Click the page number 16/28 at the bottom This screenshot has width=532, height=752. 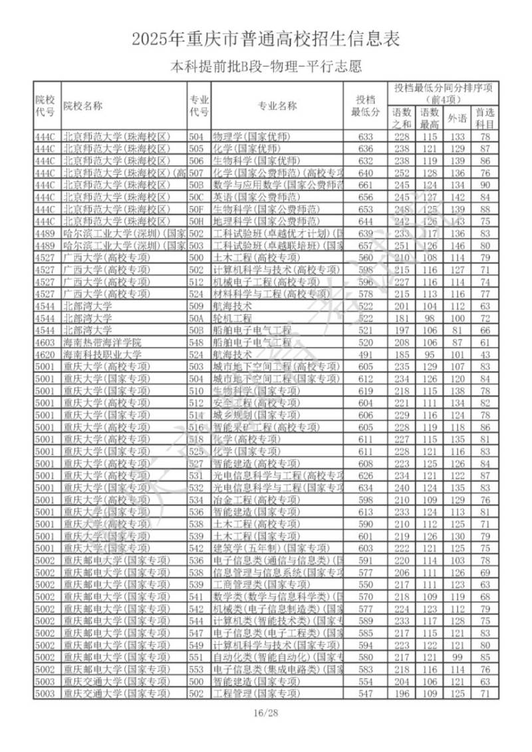[x=265, y=713]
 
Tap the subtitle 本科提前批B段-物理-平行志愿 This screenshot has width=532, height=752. [x=266, y=66]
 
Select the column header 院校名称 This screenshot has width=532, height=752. [x=83, y=105]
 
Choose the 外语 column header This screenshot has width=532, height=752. [x=456, y=118]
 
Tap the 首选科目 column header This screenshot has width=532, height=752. [x=485, y=118]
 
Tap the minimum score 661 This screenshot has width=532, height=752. [x=366, y=185]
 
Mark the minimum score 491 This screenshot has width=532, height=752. [x=366, y=354]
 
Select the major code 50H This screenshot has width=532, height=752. [x=196, y=221]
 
